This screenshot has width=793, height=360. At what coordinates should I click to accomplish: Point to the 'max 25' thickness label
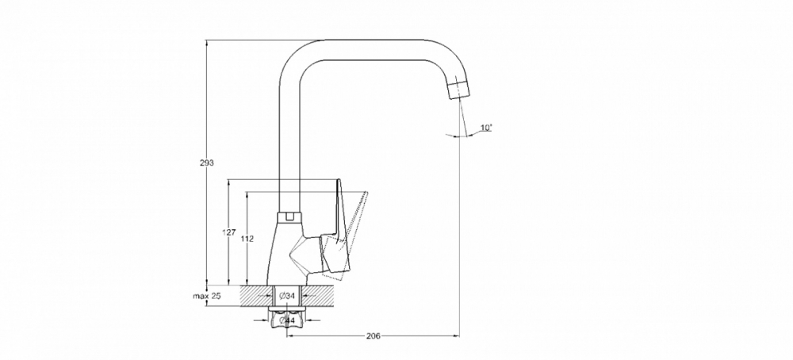point(205,296)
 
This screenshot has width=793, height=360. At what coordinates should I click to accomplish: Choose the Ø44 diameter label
point(288,320)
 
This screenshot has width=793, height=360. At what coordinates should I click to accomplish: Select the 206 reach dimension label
point(374,336)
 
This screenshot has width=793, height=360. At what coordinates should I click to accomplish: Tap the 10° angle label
point(485,128)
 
